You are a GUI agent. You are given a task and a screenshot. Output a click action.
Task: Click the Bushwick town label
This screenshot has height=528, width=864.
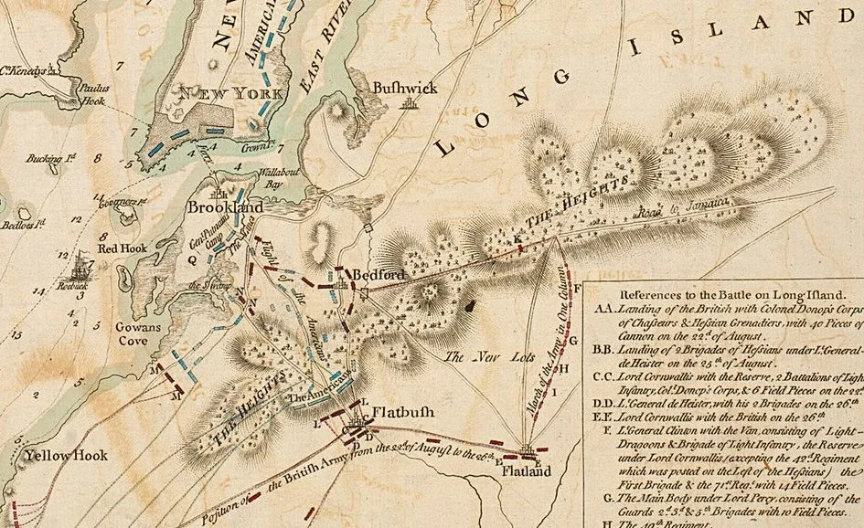tap(405, 87)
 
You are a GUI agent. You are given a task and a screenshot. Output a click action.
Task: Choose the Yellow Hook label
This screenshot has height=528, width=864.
tap(67, 455)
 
